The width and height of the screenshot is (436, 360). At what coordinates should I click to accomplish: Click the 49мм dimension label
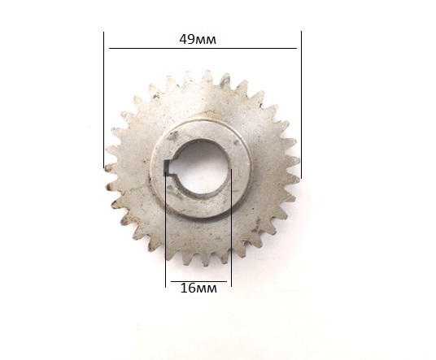click(x=198, y=40)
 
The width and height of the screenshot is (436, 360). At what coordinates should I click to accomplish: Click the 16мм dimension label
click(x=198, y=288)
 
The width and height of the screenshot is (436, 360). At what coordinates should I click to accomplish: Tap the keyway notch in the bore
click(x=167, y=167)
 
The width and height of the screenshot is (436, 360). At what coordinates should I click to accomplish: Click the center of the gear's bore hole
click(x=199, y=167)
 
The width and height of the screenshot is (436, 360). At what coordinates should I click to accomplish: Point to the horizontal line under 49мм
click(x=203, y=48)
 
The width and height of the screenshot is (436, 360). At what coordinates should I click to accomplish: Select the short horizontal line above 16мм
click(x=198, y=281)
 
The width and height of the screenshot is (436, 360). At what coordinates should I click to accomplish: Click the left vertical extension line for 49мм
click(x=104, y=100)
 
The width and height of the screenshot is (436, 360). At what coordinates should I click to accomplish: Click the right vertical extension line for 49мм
click(x=301, y=105)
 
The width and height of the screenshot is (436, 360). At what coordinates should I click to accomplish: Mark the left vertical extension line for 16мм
click(x=165, y=230)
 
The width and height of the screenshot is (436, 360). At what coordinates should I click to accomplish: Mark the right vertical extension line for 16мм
click(x=231, y=228)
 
